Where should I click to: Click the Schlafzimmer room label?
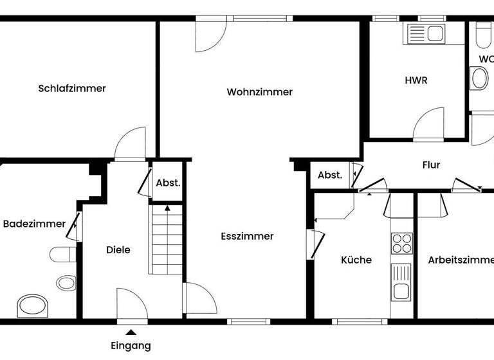coord(72,89)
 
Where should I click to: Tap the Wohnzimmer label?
coord(259,92)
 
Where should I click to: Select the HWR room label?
coord(416,80)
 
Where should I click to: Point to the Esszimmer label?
coord(247,236)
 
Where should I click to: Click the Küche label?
coord(356,260)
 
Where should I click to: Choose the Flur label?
coord(431,165)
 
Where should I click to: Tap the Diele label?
coord(118,249)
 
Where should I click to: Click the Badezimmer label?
coord(34,224)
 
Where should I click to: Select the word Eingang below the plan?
coord(131,346)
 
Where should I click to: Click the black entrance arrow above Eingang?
coord(131,332)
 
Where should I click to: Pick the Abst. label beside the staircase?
coord(168,183)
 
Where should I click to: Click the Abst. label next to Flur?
coord(330,175)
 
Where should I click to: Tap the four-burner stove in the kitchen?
coord(402,244)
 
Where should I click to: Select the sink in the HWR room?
coord(425,33)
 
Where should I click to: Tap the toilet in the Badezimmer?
coord(63,255)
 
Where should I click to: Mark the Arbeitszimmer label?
coord(461,260)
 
